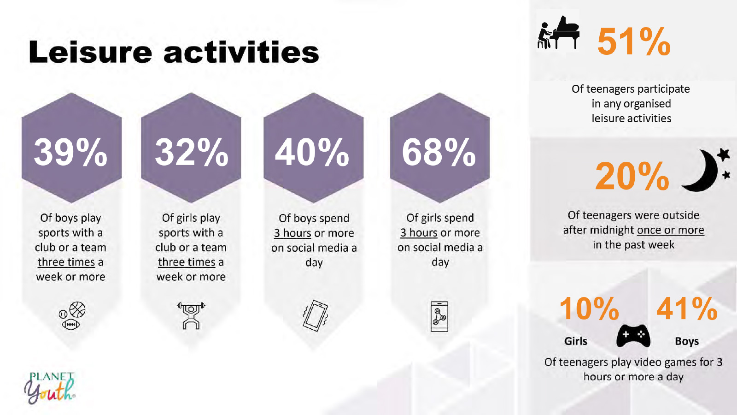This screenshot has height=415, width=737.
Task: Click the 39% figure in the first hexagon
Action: tap(70, 152)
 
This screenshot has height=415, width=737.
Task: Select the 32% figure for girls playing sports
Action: tap(192, 152)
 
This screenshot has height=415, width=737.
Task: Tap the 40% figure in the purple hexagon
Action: tap(312, 152)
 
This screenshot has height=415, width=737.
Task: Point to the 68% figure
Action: tap(439, 152)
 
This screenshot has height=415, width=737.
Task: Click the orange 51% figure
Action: tap(634, 41)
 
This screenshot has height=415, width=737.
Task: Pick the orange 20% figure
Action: tap(632, 176)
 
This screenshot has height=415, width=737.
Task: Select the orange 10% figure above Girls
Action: tap(589, 308)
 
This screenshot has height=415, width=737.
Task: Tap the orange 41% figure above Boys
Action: tap(687, 308)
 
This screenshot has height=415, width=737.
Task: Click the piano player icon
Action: tap(558, 32)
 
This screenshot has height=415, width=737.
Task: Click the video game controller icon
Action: tap(633, 336)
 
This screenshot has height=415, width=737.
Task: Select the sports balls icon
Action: tap(72, 315)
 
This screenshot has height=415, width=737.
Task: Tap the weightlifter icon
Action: tap(191, 315)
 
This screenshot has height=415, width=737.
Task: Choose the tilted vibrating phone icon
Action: tap(315, 315)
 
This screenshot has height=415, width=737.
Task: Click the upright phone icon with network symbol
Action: tap(439, 316)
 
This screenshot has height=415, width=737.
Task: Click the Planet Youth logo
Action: tap(50, 388)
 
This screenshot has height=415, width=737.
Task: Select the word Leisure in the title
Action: tap(90, 52)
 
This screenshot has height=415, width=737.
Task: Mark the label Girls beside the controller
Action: tap(575, 341)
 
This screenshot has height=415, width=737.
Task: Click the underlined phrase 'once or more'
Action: tap(670, 230)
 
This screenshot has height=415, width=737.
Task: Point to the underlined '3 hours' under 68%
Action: tap(419, 232)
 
